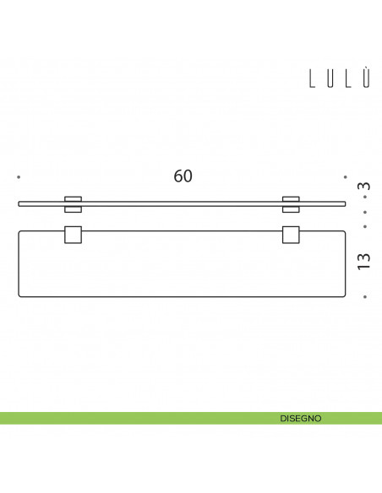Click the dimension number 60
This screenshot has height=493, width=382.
pos(183,176)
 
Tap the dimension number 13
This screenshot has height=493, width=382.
pos(364,260)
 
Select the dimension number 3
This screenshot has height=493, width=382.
pos(364,186)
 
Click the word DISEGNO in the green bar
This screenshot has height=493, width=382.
pos(300,418)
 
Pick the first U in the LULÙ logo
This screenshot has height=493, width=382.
pos(330,79)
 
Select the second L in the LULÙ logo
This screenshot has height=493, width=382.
pos(348,79)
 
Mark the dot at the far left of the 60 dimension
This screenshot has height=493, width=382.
pos(19,177)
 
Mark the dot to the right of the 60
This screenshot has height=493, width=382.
pos(345,177)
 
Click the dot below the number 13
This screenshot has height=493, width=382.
pos(364,297)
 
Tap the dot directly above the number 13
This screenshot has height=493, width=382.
pos(364,226)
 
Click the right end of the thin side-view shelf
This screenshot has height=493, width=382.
pos(346,203)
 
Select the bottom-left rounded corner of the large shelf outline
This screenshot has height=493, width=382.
pos(20,295)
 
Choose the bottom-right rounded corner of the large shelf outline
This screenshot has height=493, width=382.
pos(344,295)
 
